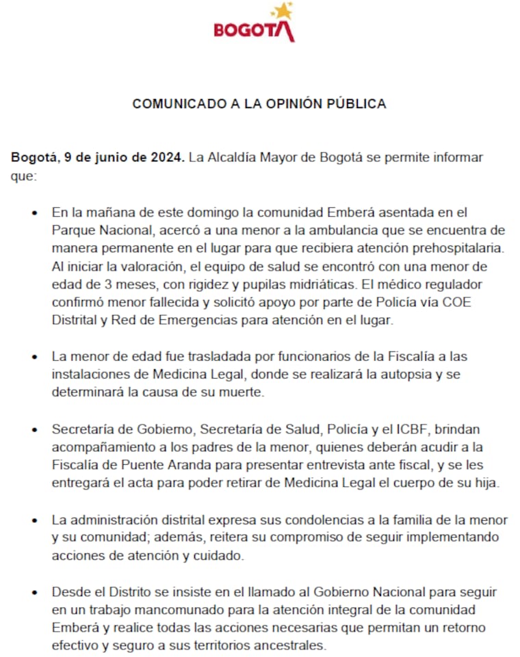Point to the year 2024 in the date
point(167,157)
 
